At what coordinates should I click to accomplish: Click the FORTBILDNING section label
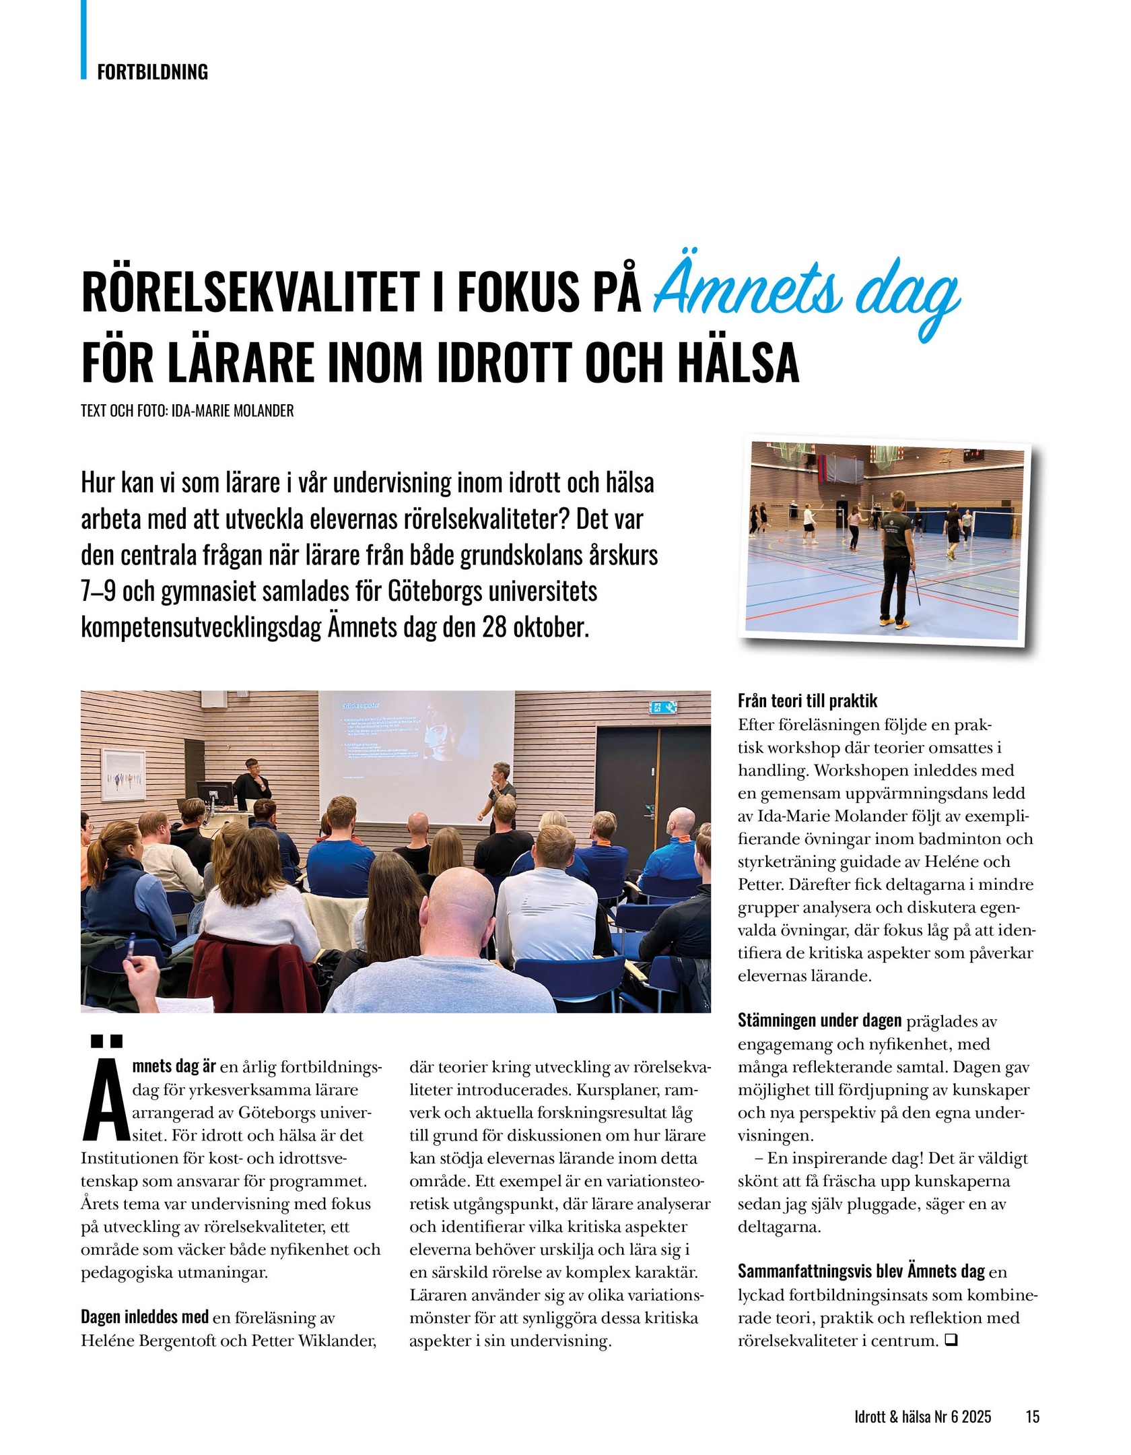click(x=152, y=71)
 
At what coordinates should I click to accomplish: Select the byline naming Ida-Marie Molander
click(x=187, y=411)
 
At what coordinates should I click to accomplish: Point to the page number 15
click(x=1032, y=1398)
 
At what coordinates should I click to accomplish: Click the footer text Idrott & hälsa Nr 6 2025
click(x=922, y=1398)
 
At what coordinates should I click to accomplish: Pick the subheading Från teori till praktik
click(x=807, y=701)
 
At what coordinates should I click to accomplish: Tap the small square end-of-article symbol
click(x=951, y=1341)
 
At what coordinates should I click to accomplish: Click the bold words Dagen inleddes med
click(x=145, y=1317)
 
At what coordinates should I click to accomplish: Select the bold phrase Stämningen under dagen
click(x=819, y=1021)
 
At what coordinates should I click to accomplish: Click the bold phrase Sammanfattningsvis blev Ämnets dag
click(x=861, y=1271)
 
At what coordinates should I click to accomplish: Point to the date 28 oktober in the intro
click(x=535, y=628)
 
